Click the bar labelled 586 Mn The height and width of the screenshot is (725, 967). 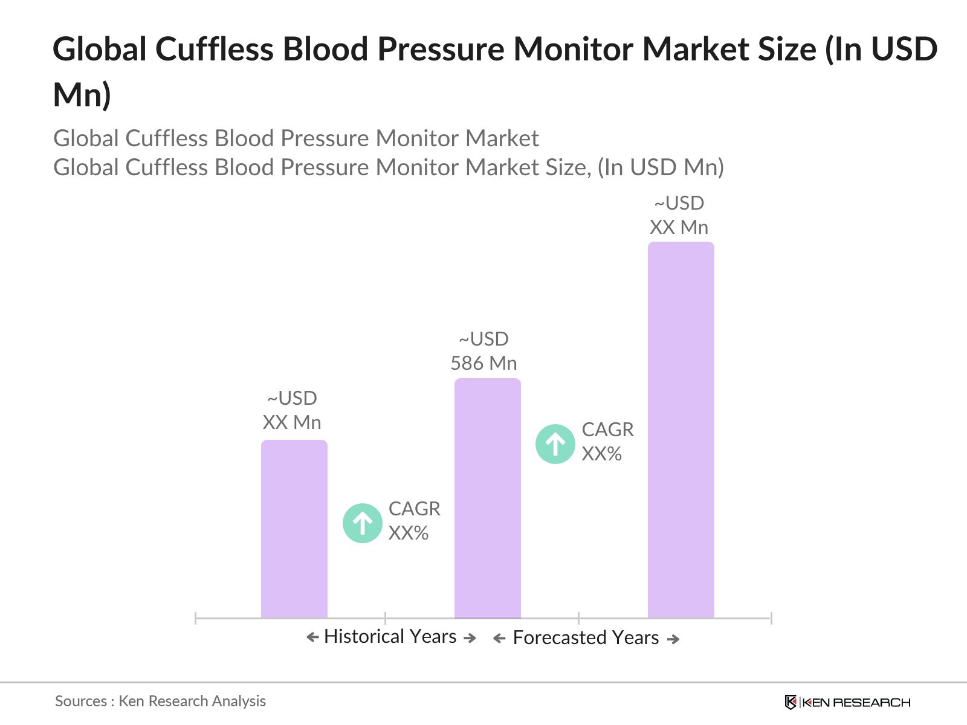(487, 498)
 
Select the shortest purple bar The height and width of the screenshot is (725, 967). (294, 529)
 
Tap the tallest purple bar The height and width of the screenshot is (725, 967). (681, 430)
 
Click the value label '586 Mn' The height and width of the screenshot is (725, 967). (483, 363)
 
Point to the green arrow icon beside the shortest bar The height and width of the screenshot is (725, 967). (363, 523)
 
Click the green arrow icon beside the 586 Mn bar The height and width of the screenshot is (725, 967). (555, 444)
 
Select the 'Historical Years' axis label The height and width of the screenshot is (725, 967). (390, 637)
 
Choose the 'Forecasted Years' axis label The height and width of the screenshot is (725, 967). (586, 638)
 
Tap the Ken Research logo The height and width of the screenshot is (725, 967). (847, 702)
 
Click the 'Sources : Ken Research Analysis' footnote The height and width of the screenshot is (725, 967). (160, 701)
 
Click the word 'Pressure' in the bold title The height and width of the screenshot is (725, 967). (441, 50)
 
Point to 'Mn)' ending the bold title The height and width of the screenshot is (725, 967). (82, 95)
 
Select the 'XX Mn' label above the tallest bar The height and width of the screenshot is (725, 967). (679, 228)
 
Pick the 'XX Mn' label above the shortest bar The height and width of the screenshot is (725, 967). (292, 422)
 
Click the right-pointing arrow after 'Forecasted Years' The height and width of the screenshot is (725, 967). (673, 639)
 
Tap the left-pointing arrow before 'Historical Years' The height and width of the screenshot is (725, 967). (312, 637)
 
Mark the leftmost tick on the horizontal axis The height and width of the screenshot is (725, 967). (196, 618)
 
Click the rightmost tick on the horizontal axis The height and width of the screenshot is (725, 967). (771, 618)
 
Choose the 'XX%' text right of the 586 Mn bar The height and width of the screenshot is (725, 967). (601, 454)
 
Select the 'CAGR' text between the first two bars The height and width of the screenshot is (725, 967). (414, 509)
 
